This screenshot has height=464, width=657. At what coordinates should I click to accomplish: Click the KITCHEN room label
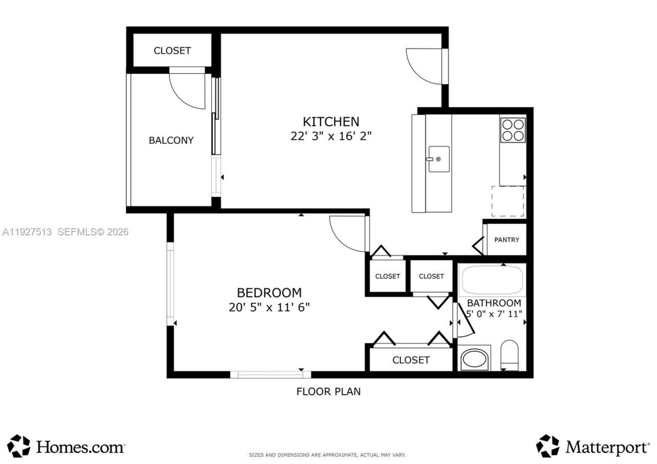pos(331,122)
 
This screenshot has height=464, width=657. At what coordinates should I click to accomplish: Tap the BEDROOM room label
pos(269,293)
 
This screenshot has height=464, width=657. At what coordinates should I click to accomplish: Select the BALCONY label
pos(171,140)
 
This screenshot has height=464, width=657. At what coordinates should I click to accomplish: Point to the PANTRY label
pos(506,240)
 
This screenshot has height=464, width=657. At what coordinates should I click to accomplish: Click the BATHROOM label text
pos(494,303)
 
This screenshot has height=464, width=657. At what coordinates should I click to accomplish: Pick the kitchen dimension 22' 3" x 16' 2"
pos(331,137)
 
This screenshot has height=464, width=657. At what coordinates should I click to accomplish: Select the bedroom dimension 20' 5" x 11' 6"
pos(269,307)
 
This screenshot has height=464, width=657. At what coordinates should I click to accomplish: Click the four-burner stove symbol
pos(513,129)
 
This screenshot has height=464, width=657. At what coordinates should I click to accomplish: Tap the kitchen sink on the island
pos(439,159)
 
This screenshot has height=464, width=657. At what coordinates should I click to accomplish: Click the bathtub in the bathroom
pos(492,280)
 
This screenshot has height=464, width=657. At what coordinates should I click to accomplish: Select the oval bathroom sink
pos(475,359)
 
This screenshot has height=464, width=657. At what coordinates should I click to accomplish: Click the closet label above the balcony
pos(172,50)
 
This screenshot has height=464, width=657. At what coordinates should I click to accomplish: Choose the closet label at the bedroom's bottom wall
pos(411,360)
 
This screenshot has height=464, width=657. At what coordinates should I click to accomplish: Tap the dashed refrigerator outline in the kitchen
pos(508,202)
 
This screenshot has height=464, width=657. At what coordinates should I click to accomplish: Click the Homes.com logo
pos(67,446)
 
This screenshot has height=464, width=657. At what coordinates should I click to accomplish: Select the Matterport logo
pos(593,446)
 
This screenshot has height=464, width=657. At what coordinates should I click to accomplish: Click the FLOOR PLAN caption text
pos(328,392)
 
